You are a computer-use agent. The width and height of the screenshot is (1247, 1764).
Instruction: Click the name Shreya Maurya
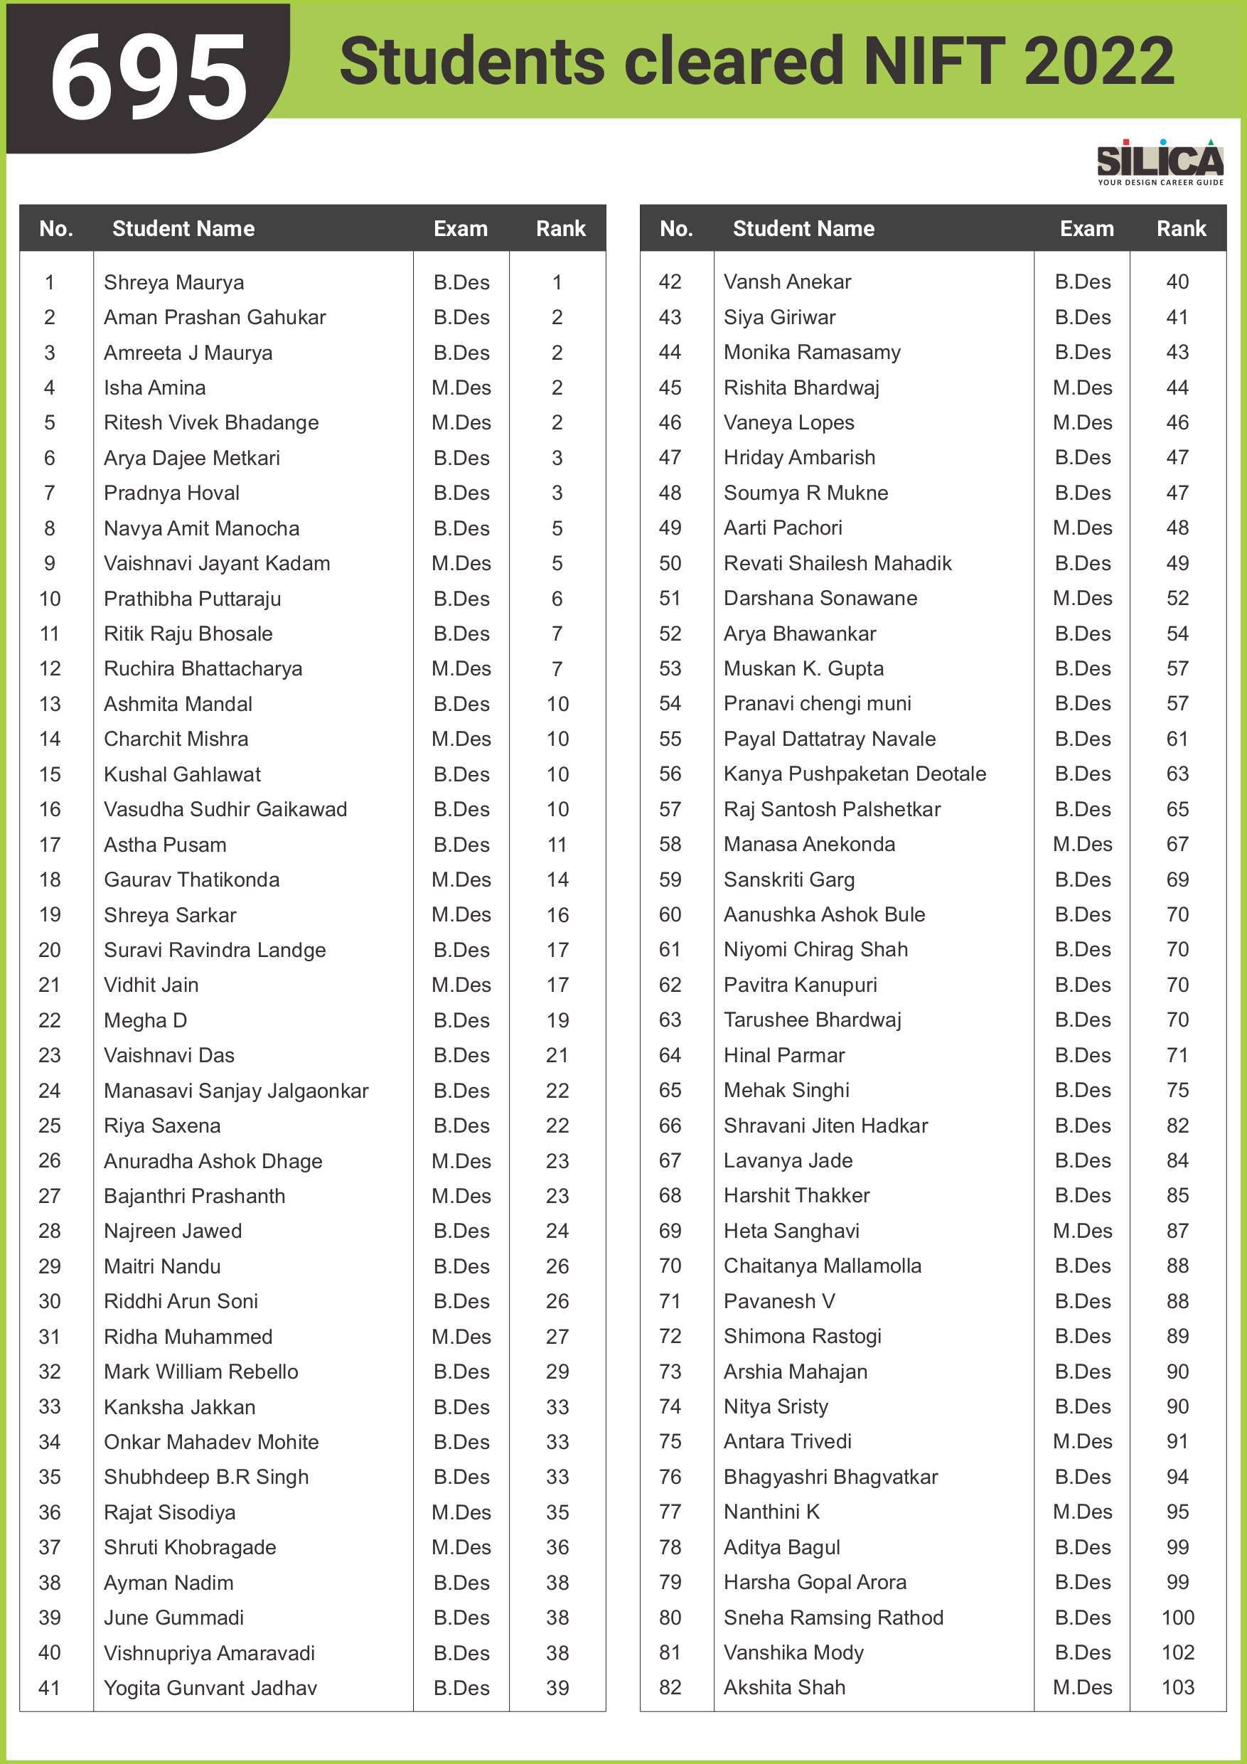[173, 283]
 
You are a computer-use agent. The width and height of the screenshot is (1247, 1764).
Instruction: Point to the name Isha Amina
[154, 388]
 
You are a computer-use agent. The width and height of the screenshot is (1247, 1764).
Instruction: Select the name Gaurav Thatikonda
[191, 880]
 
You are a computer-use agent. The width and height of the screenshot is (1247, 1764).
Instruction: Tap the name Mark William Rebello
[200, 1372]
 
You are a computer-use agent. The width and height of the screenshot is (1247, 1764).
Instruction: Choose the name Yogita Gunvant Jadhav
[210, 1688]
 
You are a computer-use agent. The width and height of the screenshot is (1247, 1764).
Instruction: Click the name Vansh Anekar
[787, 282]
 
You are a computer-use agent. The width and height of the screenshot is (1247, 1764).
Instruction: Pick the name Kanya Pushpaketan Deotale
[855, 774]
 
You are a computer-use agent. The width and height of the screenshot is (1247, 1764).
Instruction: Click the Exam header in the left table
[460, 229]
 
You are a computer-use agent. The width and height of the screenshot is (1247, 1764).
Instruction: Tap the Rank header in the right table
[1181, 229]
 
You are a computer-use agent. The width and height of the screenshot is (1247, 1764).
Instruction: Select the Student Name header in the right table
[803, 229]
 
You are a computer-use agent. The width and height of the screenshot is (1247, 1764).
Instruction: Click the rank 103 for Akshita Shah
[1177, 1687]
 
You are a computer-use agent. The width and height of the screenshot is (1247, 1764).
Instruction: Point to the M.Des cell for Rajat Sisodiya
[461, 1512]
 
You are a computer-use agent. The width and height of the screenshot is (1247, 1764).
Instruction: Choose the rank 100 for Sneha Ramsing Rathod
[1177, 1618]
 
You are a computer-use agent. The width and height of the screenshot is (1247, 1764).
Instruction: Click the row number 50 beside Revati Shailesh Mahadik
[670, 563]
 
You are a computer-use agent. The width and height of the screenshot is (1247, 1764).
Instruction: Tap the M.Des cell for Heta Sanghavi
[1082, 1231]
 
